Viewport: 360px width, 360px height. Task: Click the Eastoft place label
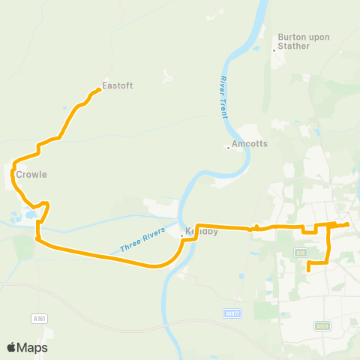tap(118, 85)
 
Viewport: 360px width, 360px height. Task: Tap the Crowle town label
tap(31, 175)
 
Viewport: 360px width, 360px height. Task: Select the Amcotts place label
tap(250, 142)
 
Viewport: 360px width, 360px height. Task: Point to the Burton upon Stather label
tap(298, 40)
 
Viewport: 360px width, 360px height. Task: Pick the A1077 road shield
tap(233, 313)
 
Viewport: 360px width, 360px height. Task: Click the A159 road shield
tap(322, 325)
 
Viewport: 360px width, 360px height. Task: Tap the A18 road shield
tap(301, 253)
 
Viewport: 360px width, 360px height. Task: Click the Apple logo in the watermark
tap(12, 347)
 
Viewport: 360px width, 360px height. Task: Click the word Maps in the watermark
tap(34, 347)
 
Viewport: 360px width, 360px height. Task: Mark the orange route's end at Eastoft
tap(99, 91)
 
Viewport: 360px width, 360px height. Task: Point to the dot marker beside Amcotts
tap(228, 147)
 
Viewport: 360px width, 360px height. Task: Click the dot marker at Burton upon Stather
tap(274, 50)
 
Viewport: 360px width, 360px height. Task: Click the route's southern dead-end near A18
tap(309, 264)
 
